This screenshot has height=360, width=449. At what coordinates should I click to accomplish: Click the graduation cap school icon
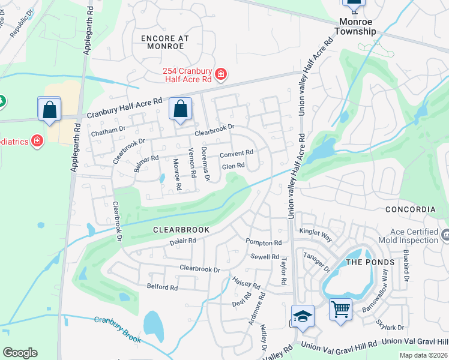tap(303, 316)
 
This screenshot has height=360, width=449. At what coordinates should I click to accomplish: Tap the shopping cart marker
tap(340, 310)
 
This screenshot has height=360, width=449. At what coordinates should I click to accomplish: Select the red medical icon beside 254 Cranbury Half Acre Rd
tap(221, 74)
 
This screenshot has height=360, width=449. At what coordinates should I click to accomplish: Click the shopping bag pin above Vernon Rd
tap(180, 109)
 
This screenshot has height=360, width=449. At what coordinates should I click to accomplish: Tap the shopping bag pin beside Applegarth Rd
tap(49, 109)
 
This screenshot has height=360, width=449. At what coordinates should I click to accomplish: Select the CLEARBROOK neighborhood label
tap(181, 230)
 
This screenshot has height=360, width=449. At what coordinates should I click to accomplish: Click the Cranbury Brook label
tap(118, 329)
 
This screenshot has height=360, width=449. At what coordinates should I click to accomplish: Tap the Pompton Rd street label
tap(264, 242)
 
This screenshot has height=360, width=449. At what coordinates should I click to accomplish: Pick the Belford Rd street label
tap(162, 287)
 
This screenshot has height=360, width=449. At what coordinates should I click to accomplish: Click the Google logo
tap(20, 353)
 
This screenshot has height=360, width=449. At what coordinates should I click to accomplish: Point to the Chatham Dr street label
tap(108, 128)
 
